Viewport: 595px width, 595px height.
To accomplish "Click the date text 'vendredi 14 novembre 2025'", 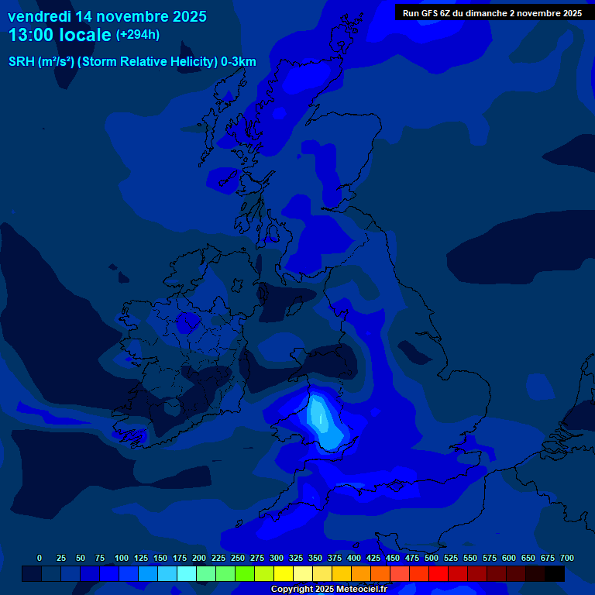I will (x=107, y=16).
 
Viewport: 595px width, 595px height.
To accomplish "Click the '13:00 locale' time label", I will (x=60, y=36).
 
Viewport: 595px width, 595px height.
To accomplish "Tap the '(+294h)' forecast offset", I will (x=138, y=35).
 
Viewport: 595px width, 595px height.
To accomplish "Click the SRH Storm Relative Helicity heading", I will (x=132, y=62).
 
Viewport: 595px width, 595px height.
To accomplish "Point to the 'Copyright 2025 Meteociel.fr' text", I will (x=328, y=589).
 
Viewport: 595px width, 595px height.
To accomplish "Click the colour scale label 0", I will (x=40, y=558).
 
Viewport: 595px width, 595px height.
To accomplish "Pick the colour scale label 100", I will (x=122, y=558).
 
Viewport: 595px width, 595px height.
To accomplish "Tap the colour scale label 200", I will (x=199, y=558).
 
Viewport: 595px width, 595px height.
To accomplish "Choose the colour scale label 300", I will (x=277, y=558).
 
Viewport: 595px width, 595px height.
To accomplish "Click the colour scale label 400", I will (x=354, y=558).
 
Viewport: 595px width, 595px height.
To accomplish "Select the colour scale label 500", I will (x=432, y=558).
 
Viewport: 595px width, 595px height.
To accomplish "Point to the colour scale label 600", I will (x=509, y=558).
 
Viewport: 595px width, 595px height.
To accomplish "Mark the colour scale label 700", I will (x=566, y=558).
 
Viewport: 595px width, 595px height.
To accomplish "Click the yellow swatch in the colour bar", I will (x=284, y=574).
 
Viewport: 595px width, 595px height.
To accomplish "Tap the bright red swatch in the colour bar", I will (x=439, y=574).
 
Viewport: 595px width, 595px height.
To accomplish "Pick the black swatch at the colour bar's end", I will (x=555, y=574).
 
